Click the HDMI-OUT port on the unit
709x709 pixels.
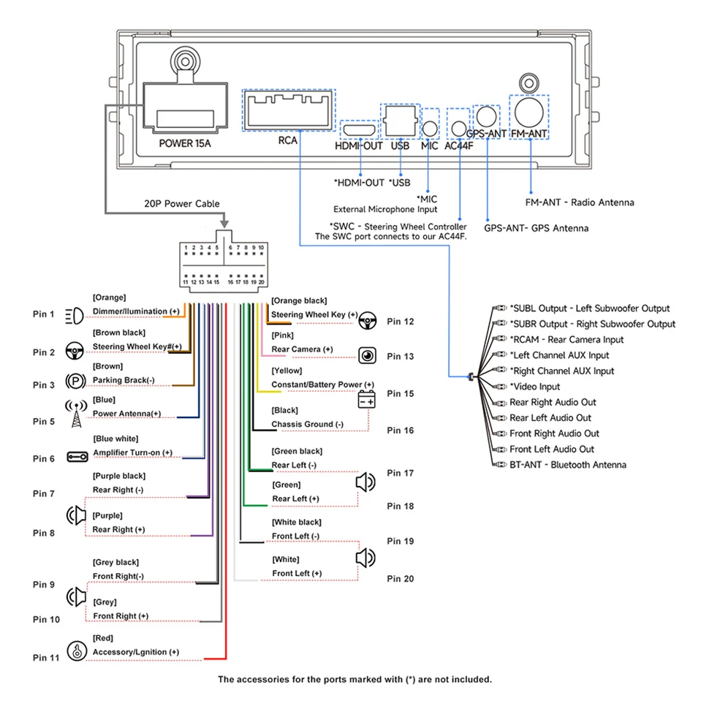[x=360, y=131]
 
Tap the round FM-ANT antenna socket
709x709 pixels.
[x=528, y=113]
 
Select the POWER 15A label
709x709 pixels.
[x=184, y=144]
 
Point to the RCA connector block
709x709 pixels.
[x=289, y=110]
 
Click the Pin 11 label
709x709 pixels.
[x=45, y=657]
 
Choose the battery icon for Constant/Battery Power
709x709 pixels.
[x=366, y=400]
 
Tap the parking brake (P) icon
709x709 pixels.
[x=75, y=381]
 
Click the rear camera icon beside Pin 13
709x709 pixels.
[x=367, y=356]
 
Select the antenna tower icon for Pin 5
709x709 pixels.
[x=77, y=413]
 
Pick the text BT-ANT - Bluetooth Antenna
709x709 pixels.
[x=567, y=465]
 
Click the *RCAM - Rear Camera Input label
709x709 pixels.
[x=566, y=340]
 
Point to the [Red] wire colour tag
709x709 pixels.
[x=102, y=638]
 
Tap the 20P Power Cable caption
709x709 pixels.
[x=182, y=204]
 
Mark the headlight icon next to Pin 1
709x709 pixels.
[x=75, y=316]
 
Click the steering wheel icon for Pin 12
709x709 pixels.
[x=367, y=321]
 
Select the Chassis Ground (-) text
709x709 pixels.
[x=307, y=424]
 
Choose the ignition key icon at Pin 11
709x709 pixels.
[x=77, y=651]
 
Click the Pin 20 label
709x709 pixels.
[x=400, y=579]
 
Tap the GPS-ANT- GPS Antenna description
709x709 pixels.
[x=537, y=228]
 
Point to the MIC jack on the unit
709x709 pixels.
[x=430, y=129]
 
